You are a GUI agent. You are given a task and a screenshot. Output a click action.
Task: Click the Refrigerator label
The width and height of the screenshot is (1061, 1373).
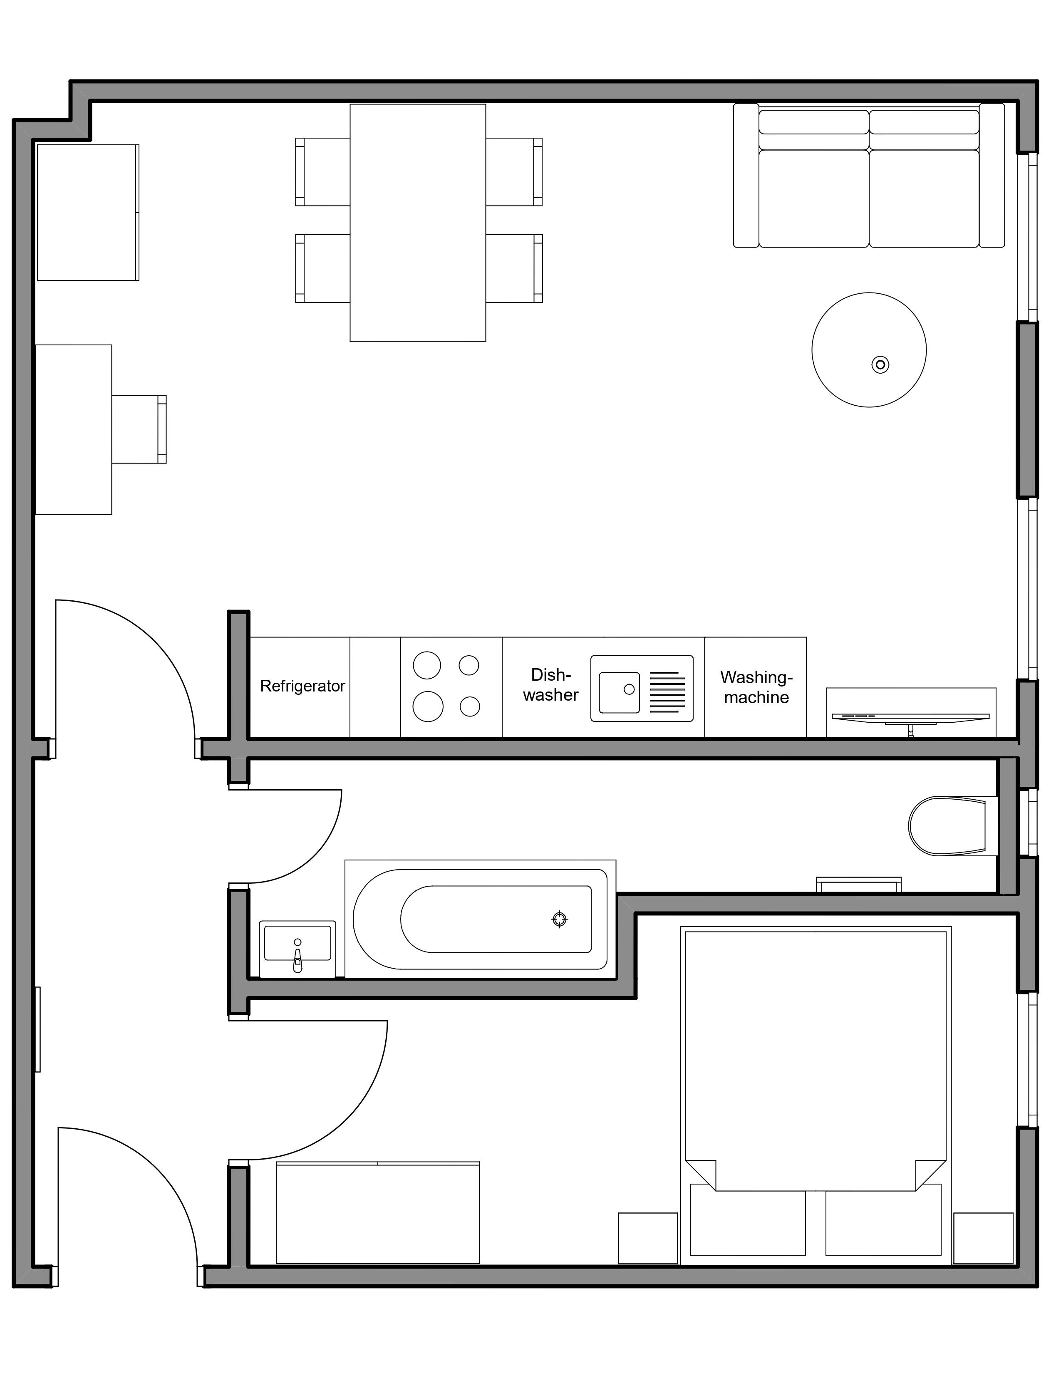pyautogui.click(x=302, y=686)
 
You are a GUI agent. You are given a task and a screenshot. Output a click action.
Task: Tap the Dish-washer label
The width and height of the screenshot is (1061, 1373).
pyautogui.click(x=550, y=684)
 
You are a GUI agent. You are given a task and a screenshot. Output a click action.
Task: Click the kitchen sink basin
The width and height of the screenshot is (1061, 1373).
pyautogui.click(x=619, y=693)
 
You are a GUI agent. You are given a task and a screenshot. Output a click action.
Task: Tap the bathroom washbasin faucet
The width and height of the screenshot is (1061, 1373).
pyautogui.click(x=297, y=959)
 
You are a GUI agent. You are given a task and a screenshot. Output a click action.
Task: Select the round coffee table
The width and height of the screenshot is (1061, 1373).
pyautogui.click(x=869, y=349)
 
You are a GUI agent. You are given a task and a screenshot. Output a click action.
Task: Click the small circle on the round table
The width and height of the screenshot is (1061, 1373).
pyautogui.click(x=880, y=364)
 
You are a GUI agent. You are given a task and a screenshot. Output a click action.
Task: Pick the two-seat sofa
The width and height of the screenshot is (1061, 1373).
pyautogui.click(x=869, y=176)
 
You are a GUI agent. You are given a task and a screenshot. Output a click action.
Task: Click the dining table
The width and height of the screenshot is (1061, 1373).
pyautogui.click(x=418, y=223)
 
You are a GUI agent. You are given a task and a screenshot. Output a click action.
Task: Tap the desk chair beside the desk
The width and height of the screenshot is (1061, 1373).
pyautogui.click(x=139, y=429)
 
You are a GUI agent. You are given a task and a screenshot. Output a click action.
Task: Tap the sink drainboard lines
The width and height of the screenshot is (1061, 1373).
pyautogui.click(x=667, y=692)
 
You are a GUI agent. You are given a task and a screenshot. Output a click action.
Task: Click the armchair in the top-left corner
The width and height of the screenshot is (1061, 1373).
pyautogui.click(x=88, y=213)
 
